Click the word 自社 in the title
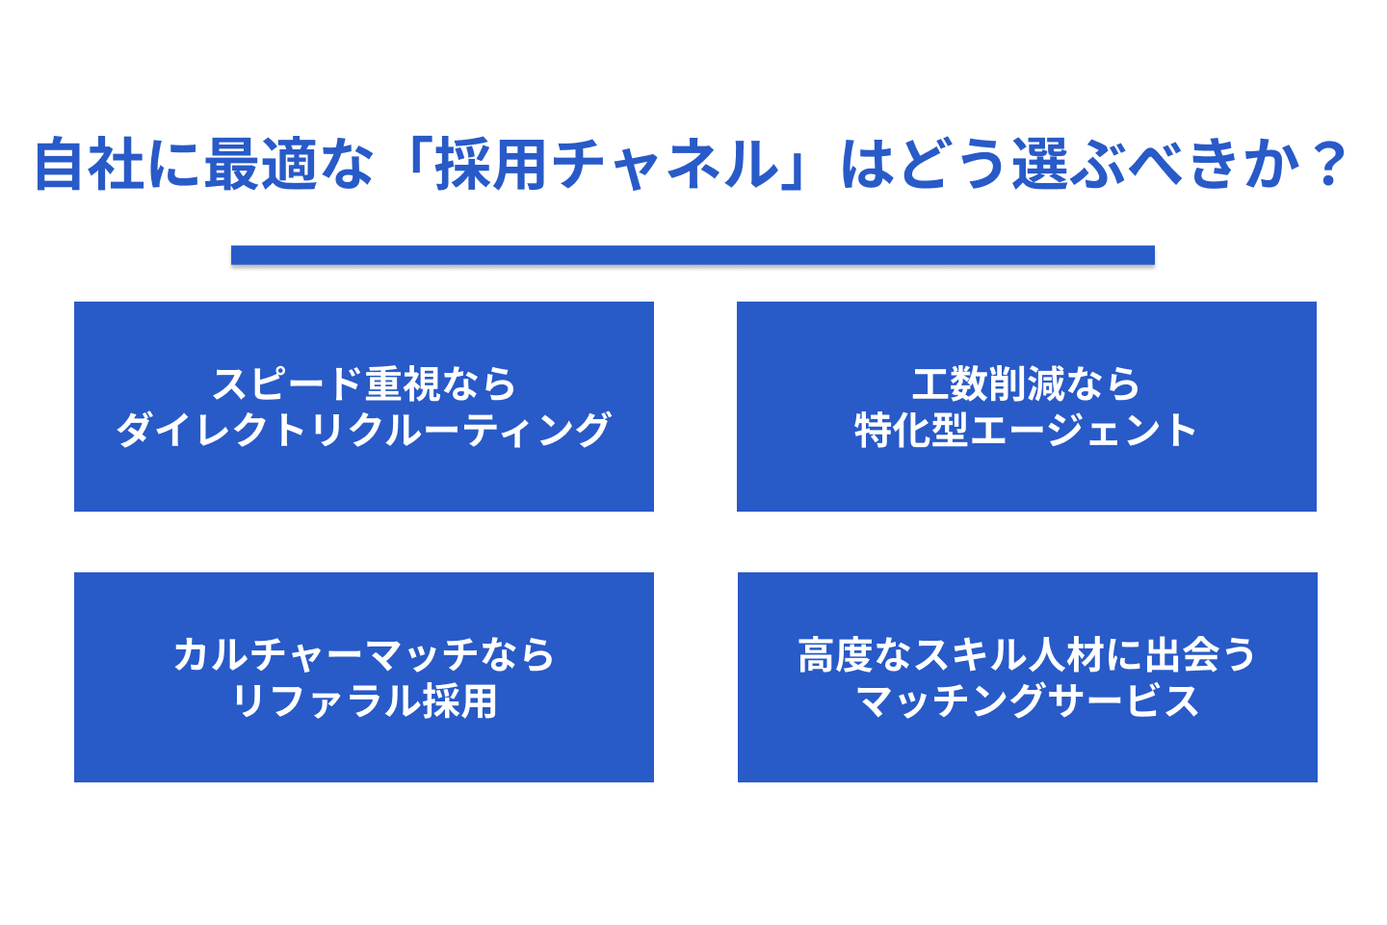[x=91, y=164]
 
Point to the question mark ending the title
[x=1327, y=164]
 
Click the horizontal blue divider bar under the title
[x=693, y=254]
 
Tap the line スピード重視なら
[x=364, y=384]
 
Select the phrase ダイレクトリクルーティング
[x=364, y=430]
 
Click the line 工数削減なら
[x=1026, y=384]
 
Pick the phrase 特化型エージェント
[x=1026, y=430]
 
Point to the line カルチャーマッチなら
[x=364, y=655]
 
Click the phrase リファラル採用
[x=364, y=700]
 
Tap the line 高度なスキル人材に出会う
[x=1027, y=655]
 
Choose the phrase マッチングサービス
[x=1027, y=700]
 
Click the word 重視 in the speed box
[x=403, y=384]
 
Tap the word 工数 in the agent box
[x=950, y=384]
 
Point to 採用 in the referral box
[x=459, y=700]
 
